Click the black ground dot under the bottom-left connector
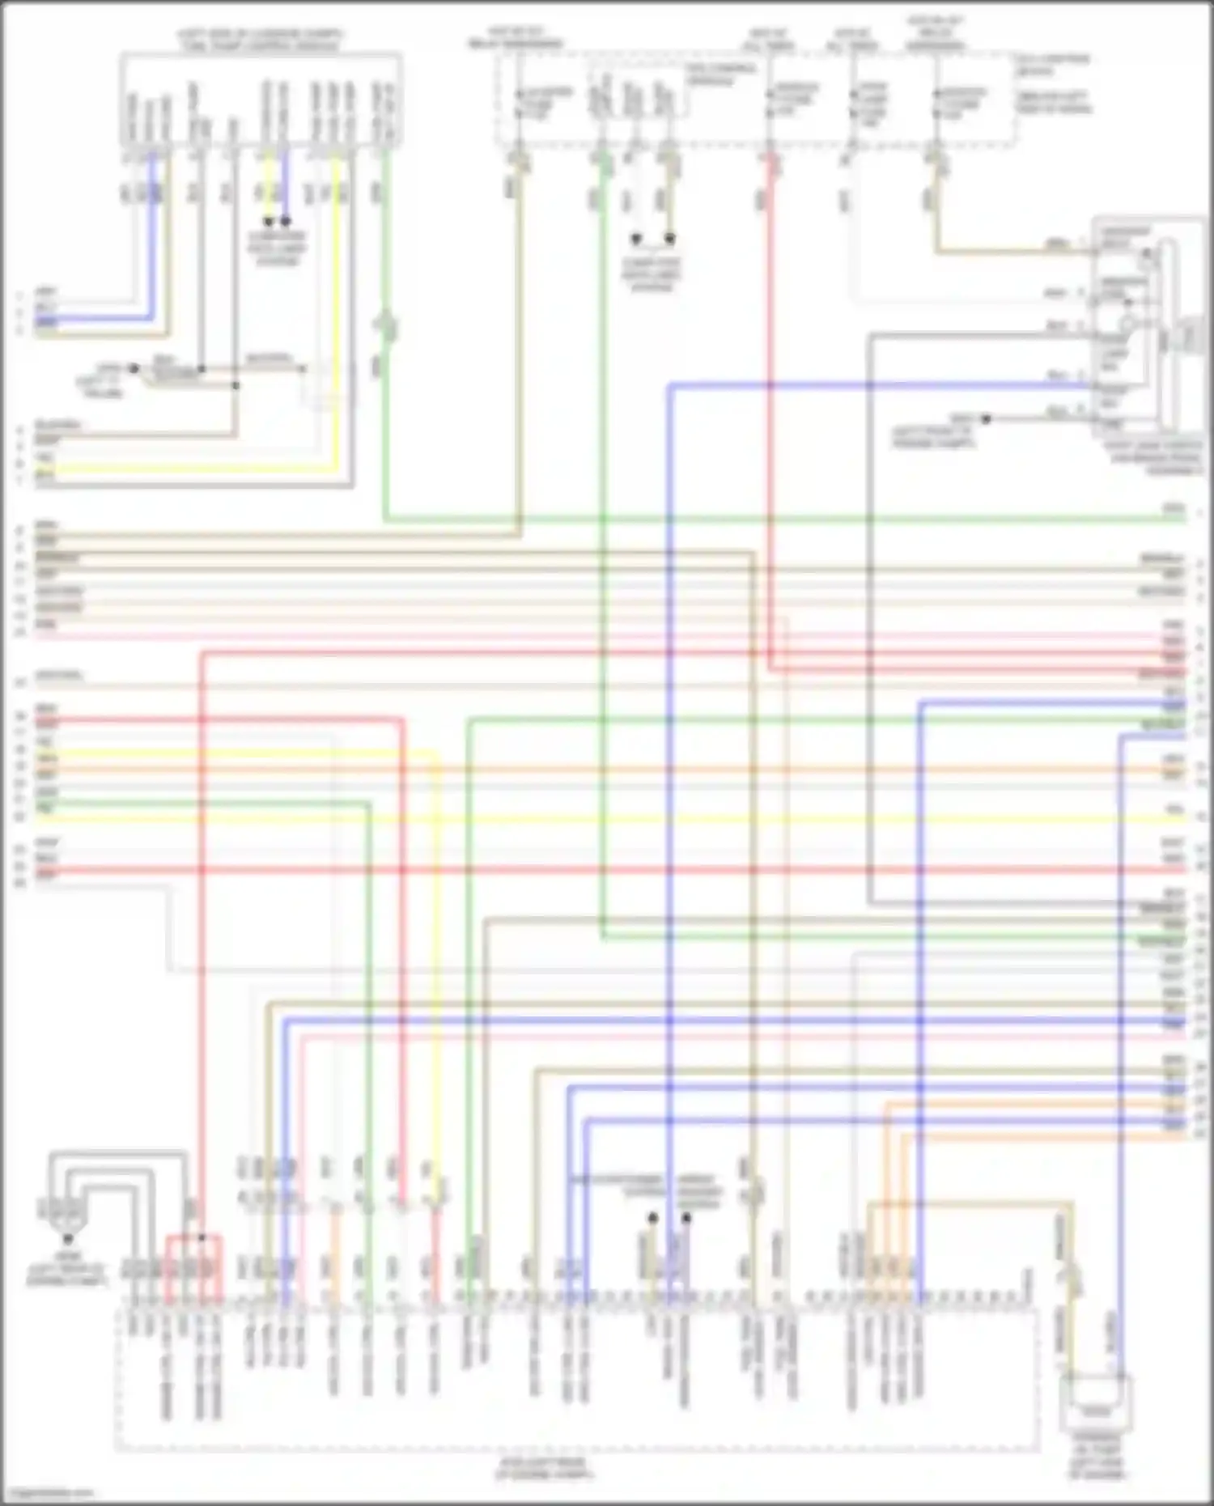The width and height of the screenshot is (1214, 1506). (68, 1238)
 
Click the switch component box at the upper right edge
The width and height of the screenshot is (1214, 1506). (1148, 328)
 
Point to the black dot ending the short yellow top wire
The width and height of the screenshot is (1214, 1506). (268, 220)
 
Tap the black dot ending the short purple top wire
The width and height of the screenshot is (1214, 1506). (286, 220)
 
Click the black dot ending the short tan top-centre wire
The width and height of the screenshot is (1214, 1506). (670, 239)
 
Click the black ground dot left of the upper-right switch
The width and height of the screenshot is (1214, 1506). (986, 418)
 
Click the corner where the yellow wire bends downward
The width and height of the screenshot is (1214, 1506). (438, 756)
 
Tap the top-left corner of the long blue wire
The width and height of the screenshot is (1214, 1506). (671, 386)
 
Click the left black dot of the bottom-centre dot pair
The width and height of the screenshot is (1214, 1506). (652, 1218)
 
